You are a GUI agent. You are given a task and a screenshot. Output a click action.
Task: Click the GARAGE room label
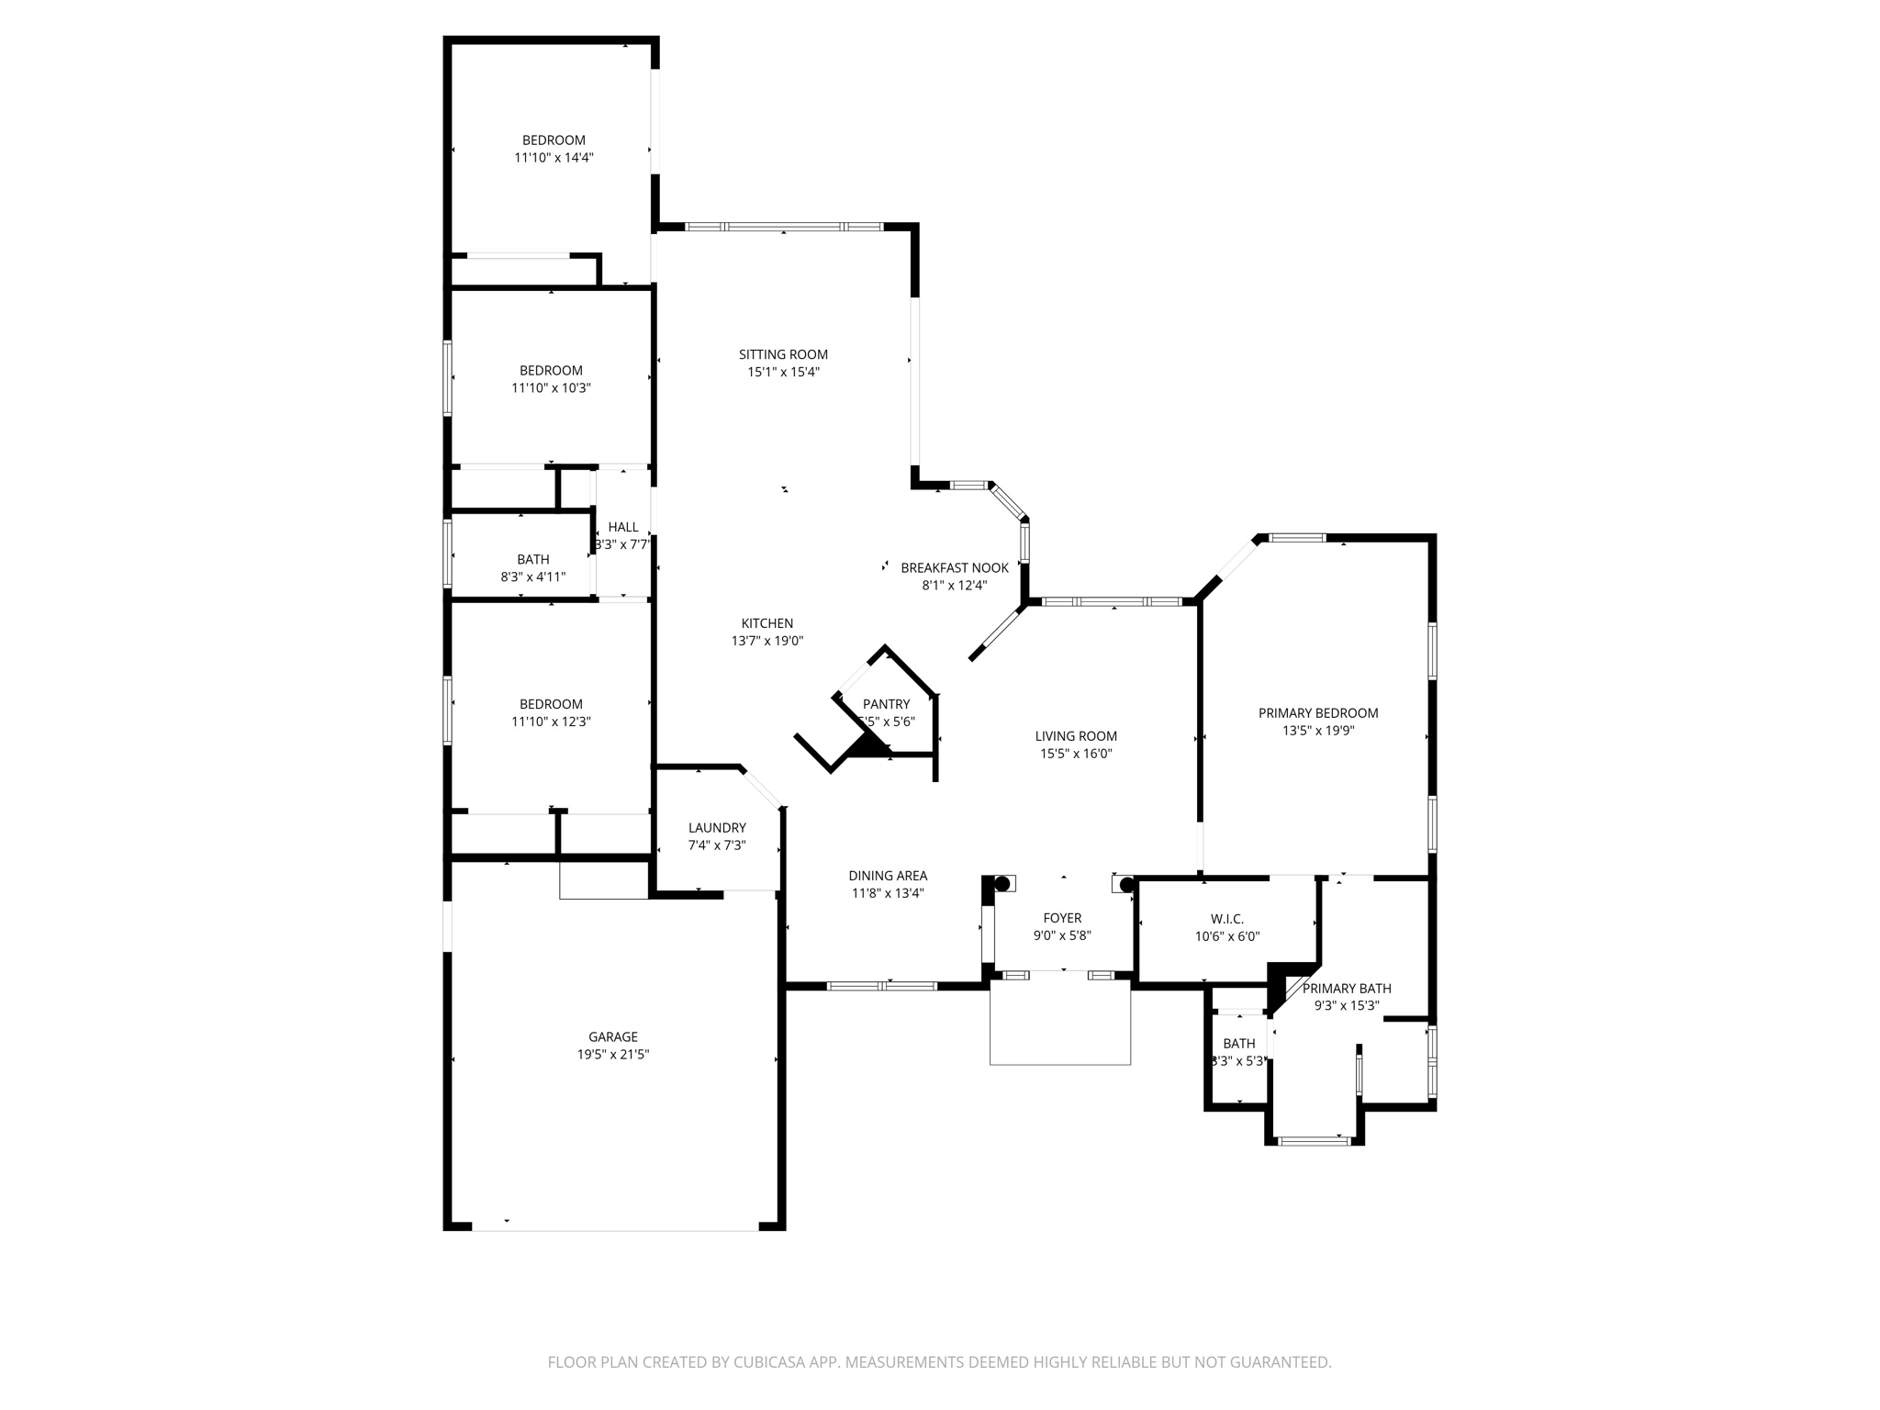(x=612, y=1036)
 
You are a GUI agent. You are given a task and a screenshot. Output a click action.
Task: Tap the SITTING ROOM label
(x=783, y=354)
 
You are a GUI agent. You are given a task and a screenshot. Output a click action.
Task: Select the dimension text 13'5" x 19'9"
(x=1318, y=731)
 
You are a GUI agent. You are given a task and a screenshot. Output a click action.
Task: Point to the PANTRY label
(x=886, y=704)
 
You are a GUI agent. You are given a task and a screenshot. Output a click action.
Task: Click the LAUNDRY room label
(x=717, y=827)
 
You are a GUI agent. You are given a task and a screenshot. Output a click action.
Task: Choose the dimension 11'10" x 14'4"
(x=554, y=158)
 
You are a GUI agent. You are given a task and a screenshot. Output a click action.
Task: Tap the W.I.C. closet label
(x=1226, y=919)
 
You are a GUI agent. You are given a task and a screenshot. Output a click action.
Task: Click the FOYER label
(x=1062, y=918)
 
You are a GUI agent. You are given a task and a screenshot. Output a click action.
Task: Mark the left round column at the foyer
(x=1002, y=884)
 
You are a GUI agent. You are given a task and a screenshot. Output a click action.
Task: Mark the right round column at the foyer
(x=1127, y=885)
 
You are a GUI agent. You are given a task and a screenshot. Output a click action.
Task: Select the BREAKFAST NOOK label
(x=955, y=567)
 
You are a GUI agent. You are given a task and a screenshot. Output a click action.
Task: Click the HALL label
(x=622, y=527)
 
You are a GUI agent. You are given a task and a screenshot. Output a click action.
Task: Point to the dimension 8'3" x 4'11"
(x=532, y=577)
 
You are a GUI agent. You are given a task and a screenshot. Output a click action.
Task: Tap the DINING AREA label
(x=888, y=876)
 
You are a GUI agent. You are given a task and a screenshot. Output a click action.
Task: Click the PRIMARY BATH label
(x=1347, y=988)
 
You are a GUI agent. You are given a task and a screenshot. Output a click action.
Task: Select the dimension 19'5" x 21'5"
(x=612, y=1055)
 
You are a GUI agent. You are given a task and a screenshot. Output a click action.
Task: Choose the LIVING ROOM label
(x=1076, y=735)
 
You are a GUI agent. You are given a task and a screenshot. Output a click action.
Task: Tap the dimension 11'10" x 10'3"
(x=551, y=388)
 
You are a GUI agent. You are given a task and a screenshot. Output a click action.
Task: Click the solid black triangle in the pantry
(x=867, y=745)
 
